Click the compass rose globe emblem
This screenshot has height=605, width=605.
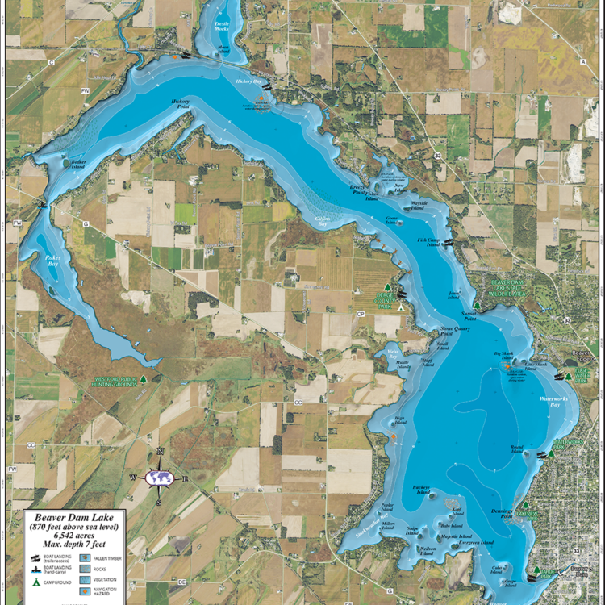(160, 478)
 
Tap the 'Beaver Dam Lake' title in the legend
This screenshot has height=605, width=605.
(68, 516)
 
